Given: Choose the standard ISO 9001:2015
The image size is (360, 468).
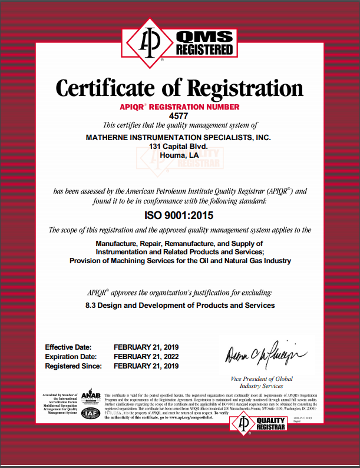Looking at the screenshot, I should point(180,215).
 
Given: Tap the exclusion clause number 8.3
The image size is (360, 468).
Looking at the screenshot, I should point(92,306).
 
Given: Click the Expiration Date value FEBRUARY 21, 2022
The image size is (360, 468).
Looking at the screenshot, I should point(146,357).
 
